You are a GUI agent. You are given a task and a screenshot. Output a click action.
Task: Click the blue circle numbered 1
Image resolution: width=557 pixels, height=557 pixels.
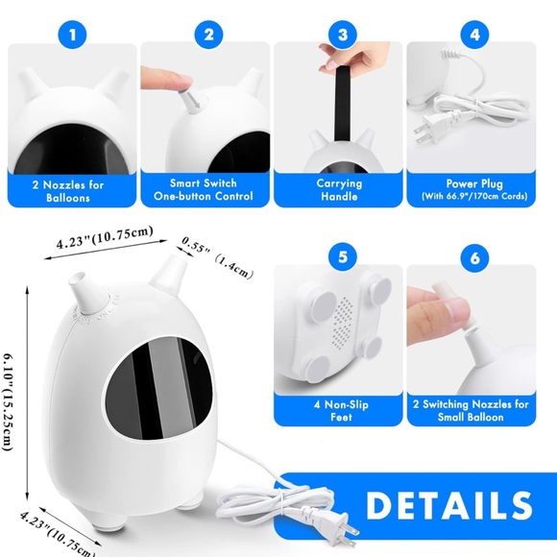pyautogui.click(x=72, y=35)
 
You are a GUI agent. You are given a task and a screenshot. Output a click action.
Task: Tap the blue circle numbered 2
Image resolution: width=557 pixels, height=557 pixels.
pyautogui.click(x=209, y=35)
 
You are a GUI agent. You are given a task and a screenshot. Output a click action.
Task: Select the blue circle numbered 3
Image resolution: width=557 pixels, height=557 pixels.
pyautogui.click(x=343, y=35)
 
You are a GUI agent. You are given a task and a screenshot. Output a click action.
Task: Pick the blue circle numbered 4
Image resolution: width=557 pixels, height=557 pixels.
pyautogui.click(x=474, y=35)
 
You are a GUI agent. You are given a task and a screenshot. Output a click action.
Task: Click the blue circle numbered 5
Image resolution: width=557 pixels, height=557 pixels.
pyautogui.click(x=343, y=257)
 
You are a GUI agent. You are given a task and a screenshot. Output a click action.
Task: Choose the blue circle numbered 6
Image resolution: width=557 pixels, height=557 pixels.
pyautogui.click(x=474, y=258)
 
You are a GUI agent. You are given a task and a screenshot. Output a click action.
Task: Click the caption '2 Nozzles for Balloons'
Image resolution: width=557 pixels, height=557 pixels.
pyautogui.click(x=68, y=191)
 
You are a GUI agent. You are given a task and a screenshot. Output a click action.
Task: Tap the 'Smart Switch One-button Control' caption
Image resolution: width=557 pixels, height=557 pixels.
pyautogui.click(x=204, y=190)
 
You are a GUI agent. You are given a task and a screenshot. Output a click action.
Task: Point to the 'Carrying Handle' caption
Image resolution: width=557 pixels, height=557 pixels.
pyautogui.click(x=339, y=190)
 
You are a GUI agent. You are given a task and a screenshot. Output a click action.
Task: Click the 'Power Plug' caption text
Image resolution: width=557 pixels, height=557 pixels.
pyautogui.click(x=474, y=183)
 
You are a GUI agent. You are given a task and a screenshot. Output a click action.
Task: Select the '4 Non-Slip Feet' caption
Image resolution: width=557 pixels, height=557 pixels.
pyautogui.click(x=341, y=411)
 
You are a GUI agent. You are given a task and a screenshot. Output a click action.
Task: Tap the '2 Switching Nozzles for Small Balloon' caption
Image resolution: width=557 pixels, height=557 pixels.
pyautogui.click(x=471, y=411)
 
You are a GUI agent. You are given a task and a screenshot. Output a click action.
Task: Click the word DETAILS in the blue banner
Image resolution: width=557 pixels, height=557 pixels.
pyautogui.click(x=449, y=505)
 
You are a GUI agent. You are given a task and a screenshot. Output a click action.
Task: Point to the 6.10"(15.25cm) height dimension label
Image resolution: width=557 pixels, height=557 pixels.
pyautogui.click(x=8, y=402)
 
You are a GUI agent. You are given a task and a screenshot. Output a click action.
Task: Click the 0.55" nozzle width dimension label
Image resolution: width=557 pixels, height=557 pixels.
pyautogui.click(x=194, y=245)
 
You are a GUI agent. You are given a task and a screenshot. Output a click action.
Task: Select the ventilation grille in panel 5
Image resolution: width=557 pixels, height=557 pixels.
pyautogui.click(x=342, y=324)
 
